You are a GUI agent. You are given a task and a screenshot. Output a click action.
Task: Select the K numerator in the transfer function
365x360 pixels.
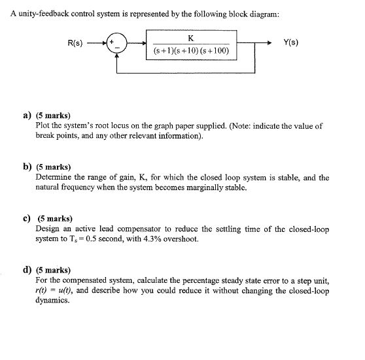point(188,38)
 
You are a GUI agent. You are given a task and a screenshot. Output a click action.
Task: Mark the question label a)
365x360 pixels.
point(27,115)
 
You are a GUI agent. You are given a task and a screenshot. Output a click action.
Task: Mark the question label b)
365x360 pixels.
point(27,168)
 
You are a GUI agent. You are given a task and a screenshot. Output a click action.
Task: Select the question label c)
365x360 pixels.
point(27,220)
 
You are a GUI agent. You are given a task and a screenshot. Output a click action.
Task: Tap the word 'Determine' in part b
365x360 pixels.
point(54,178)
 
